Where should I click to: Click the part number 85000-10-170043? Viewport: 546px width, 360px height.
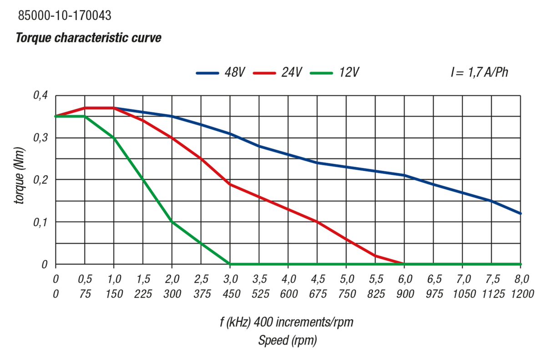coord(64,16)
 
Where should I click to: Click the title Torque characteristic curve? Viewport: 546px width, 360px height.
coord(89,38)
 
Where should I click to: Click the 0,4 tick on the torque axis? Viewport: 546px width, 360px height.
coord(40,96)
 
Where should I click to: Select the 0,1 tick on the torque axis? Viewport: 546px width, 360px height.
coord(40,222)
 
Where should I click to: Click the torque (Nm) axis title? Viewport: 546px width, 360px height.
coord(19,180)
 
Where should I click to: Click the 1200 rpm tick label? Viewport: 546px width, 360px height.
coord(521,294)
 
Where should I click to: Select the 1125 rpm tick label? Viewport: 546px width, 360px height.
coord(491,294)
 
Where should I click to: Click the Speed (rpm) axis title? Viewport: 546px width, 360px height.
coord(288,340)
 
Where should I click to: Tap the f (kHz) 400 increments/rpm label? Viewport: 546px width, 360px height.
coord(286,323)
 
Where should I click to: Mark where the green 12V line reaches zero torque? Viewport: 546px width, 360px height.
coord(230,264)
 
